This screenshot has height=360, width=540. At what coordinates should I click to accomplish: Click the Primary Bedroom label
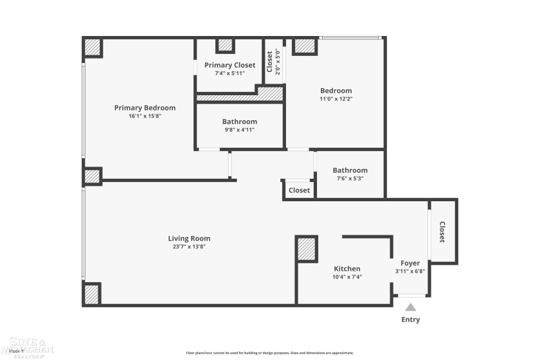(x=145, y=108)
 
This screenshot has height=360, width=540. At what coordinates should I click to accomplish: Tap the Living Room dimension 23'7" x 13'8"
(x=189, y=246)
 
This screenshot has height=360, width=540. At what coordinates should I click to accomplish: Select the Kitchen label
(x=346, y=269)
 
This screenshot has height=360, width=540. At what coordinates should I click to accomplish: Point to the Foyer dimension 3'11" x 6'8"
(x=410, y=271)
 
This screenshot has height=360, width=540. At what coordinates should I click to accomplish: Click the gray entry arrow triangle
(x=410, y=307)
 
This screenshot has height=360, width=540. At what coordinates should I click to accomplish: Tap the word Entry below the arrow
(x=410, y=319)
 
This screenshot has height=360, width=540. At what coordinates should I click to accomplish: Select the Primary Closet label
(x=230, y=65)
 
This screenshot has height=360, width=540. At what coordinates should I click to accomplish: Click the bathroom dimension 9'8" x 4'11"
(x=239, y=130)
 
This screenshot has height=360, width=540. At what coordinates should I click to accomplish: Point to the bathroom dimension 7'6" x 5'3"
(x=350, y=179)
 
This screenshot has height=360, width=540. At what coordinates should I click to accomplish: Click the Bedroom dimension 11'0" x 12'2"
(x=336, y=99)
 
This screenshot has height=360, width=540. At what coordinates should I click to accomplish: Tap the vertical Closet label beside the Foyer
(x=442, y=232)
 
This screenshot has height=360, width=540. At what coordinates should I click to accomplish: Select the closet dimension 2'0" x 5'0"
(x=278, y=63)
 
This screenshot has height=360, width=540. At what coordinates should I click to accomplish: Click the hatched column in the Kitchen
(x=307, y=249)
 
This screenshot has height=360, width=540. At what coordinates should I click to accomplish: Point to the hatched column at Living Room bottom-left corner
(x=92, y=294)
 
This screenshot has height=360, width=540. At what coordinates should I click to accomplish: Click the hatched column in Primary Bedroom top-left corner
(x=93, y=48)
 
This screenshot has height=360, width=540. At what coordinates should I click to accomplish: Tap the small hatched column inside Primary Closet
(x=225, y=45)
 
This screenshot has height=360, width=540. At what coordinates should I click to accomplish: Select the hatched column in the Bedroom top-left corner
(x=304, y=46)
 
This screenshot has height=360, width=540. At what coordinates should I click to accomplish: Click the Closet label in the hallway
(x=299, y=190)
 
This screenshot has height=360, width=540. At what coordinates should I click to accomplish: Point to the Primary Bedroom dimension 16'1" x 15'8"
(x=145, y=116)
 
